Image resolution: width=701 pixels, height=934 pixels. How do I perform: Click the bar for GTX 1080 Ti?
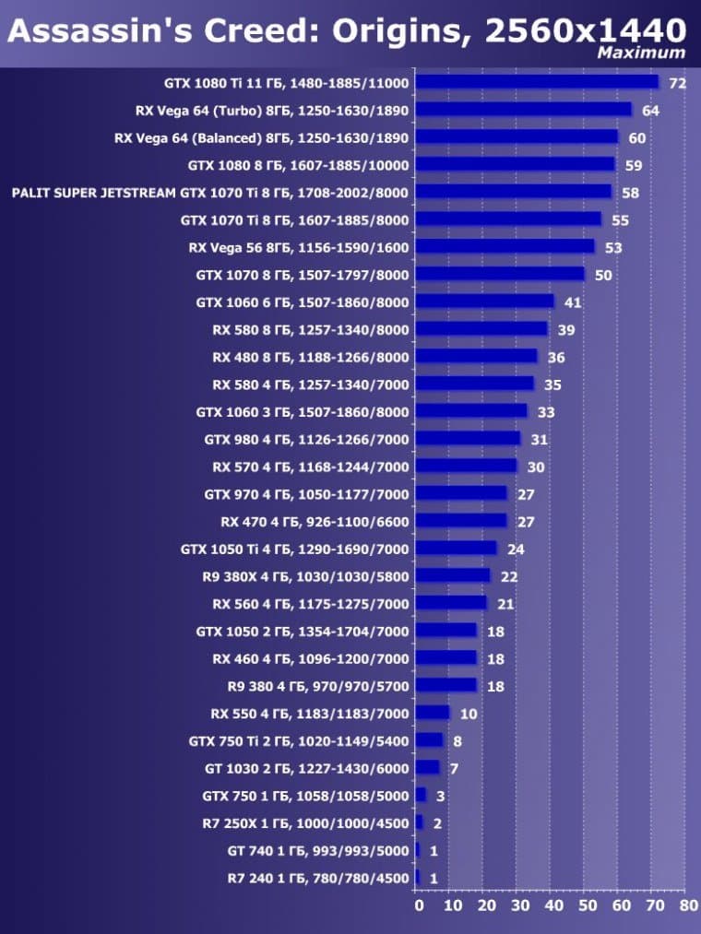[537, 83]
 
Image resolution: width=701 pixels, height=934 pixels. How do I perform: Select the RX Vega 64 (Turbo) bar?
[523, 111]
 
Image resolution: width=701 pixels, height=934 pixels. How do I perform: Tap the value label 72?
[678, 84]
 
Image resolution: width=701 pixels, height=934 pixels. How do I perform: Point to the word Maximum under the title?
[641, 53]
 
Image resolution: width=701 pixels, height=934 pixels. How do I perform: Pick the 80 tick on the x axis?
[687, 906]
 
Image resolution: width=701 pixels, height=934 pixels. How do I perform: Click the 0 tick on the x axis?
[417, 906]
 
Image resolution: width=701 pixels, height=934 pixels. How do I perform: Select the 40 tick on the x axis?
[551, 906]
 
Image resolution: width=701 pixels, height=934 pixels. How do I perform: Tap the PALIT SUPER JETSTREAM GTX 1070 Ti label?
[210, 193]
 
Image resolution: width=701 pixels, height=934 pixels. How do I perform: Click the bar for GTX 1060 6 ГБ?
[484, 302]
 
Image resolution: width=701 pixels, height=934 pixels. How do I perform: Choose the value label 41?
[573, 302]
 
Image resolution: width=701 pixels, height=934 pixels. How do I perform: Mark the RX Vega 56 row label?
[299, 247]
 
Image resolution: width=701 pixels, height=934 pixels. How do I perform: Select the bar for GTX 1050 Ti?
[456, 549]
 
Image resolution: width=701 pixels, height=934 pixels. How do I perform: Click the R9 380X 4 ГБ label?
[305, 576]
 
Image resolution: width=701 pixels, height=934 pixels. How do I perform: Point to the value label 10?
[469, 714]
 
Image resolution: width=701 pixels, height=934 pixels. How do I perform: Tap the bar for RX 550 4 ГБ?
[433, 714]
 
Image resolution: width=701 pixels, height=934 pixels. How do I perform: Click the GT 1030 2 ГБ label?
[306, 768]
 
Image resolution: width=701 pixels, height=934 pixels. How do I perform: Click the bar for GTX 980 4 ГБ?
[468, 439]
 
